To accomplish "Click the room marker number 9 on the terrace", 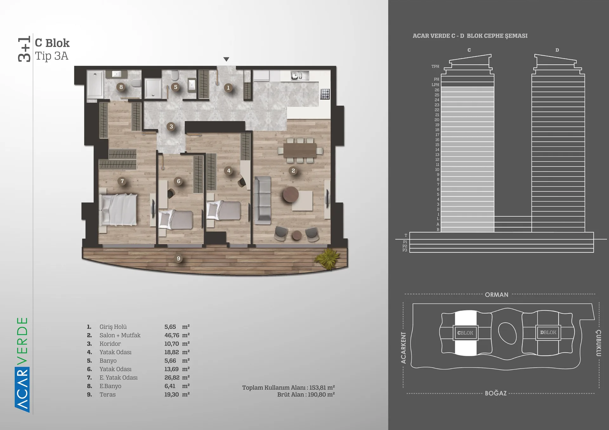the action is [179, 259].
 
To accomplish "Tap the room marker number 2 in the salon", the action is [293, 171].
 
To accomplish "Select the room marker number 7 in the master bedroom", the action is [122, 181].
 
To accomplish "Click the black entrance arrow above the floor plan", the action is [226, 59].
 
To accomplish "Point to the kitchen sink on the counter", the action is [300, 76].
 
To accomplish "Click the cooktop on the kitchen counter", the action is [325, 94].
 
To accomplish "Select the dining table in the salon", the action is [300, 150].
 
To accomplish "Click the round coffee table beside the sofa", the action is [291, 194].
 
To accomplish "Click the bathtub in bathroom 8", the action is [95, 85].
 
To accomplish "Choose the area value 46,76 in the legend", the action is [172, 335].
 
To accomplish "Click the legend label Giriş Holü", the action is [113, 327].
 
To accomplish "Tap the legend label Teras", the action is [108, 395].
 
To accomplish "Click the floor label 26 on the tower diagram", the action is [437, 90].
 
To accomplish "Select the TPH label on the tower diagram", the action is [435, 67].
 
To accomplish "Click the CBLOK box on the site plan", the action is [465, 333].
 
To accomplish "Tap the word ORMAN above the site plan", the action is [496, 295].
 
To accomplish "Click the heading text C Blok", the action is [52, 43].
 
